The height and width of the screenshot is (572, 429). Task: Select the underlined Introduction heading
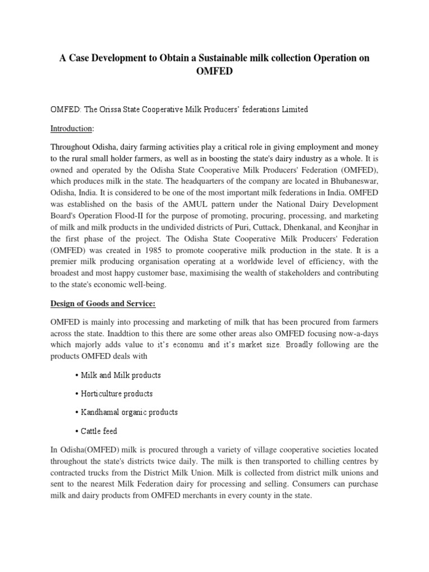[x=72, y=128]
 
